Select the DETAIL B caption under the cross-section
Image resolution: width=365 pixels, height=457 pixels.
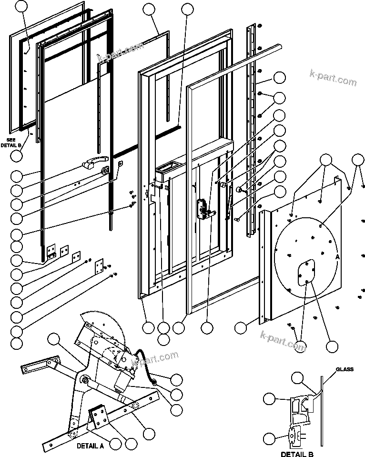pos(297,454)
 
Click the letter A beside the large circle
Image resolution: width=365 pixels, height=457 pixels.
pos(337,255)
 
